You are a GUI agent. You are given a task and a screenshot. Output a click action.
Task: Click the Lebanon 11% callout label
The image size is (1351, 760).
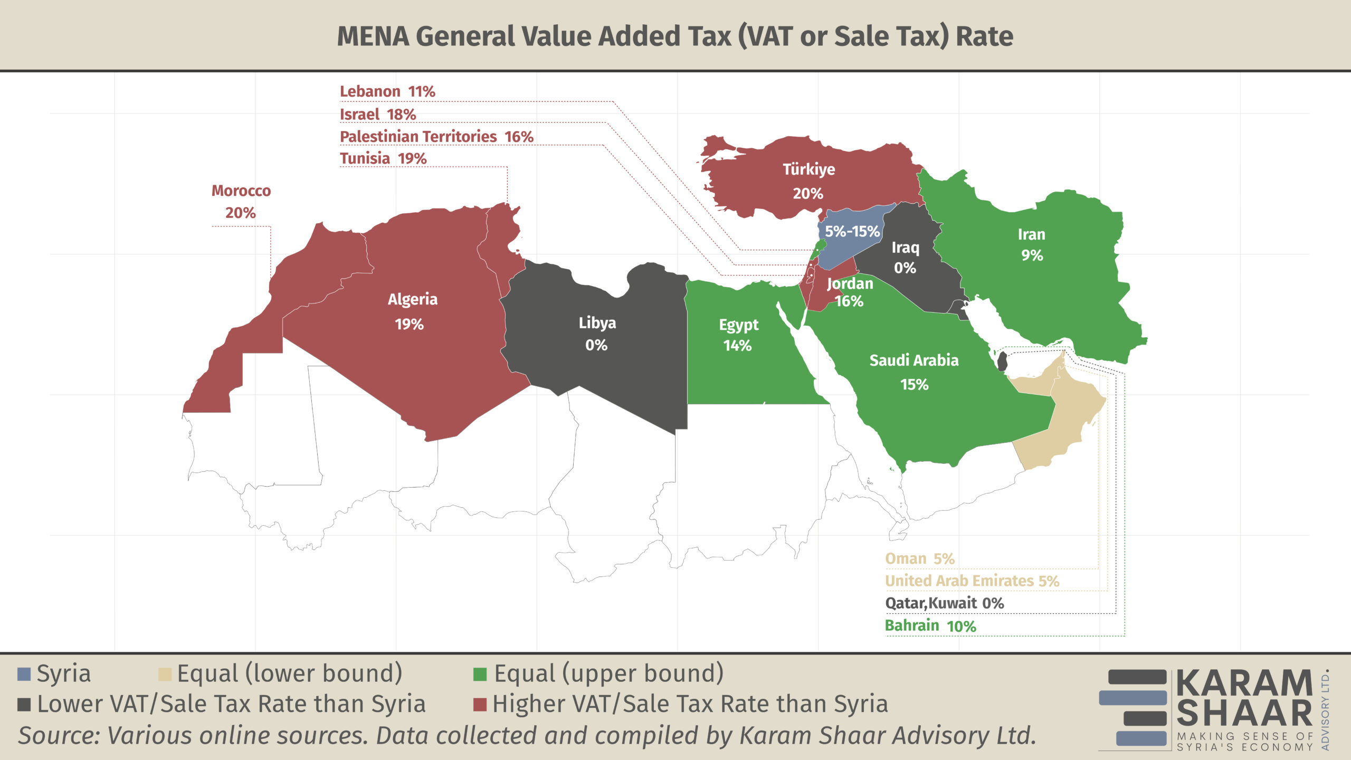coord(387,91)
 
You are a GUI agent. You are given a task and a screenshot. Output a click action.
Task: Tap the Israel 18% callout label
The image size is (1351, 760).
coord(378,114)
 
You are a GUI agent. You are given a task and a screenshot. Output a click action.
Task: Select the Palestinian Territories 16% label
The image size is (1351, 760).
coord(436,137)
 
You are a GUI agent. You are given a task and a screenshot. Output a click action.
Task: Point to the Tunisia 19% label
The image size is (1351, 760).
coord(383,158)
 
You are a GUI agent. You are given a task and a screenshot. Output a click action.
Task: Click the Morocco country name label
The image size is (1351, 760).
coord(241,191)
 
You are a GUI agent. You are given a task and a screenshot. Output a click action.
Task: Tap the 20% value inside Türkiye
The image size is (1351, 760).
coord(808,194)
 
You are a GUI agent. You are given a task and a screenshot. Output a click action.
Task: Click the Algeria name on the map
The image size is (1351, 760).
coord(413,299)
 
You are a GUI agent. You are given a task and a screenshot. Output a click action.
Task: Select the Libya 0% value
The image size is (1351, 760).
coord(596,345)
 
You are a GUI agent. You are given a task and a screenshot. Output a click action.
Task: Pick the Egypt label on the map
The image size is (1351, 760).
coord(739,325)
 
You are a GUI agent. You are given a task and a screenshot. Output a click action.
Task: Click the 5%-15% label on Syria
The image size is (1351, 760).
coord(852,231)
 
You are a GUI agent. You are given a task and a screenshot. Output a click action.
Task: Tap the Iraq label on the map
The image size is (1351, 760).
coord(906,248)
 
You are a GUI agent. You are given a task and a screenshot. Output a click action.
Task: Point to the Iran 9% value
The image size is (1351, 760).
coord(1032,255)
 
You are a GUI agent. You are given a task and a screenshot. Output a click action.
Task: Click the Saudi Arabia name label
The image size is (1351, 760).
coord(914,360)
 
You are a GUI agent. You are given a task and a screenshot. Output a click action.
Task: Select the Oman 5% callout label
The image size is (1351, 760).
coord(920,558)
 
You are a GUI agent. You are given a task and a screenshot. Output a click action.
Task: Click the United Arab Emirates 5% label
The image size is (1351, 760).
coord(972,581)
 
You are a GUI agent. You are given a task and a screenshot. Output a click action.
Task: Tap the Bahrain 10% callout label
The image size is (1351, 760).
coord(930,626)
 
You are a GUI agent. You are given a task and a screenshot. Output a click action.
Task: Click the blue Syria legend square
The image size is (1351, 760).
coord(24,674)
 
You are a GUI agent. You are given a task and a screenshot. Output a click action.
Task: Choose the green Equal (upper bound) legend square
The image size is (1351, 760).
coord(480,674)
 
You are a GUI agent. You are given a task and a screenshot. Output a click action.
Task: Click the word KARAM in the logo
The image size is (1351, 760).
coord(1244,683)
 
